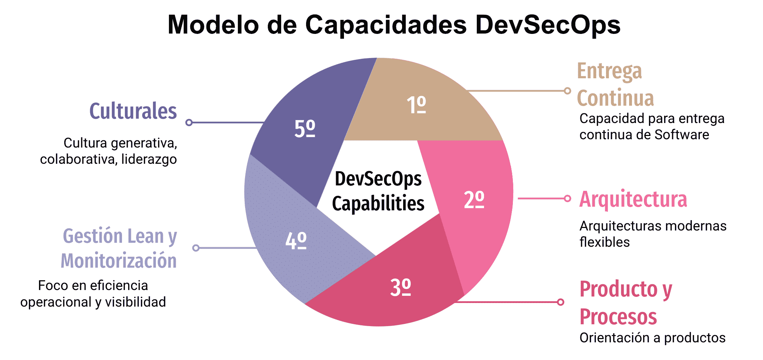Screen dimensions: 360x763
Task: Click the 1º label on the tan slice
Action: tap(416, 105)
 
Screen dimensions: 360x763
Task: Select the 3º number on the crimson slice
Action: tap(400, 287)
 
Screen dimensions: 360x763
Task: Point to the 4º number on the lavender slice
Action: tap(296, 240)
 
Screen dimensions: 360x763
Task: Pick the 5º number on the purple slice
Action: tap(305, 128)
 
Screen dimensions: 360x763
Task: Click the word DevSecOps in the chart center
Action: tap(378, 179)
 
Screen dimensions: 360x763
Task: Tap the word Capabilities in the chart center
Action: tap(378, 203)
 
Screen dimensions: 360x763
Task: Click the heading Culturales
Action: tap(133, 111)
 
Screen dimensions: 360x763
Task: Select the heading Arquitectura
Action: tap(633, 199)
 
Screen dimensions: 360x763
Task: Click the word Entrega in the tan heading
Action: tap(609, 71)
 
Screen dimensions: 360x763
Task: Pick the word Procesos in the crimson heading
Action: tap(618, 317)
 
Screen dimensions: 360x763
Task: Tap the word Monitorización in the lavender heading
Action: tap(119, 261)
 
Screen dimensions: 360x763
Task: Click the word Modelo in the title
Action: tap(213, 25)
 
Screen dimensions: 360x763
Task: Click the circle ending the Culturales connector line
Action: tap(189, 123)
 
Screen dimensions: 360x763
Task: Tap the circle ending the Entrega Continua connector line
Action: tap(567, 91)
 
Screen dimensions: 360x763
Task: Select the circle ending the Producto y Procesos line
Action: tap(561, 302)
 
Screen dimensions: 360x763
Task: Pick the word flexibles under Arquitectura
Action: tap(605, 242)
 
